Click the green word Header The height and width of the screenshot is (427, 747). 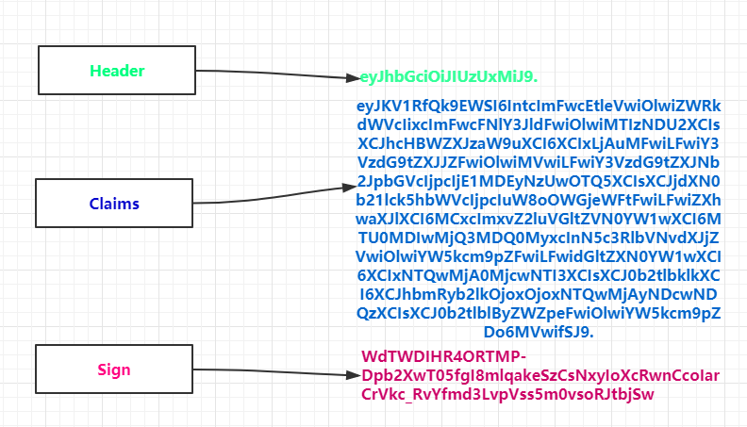pyautogui.click(x=117, y=71)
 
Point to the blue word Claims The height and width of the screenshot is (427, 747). pyautogui.click(x=115, y=204)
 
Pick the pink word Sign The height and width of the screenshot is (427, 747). pyautogui.click(x=115, y=370)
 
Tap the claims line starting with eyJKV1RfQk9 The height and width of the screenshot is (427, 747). pyautogui.click(x=538, y=107)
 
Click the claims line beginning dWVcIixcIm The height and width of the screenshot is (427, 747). pyautogui.click(x=538, y=125)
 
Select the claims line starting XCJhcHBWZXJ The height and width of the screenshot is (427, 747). pyautogui.click(x=538, y=143)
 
